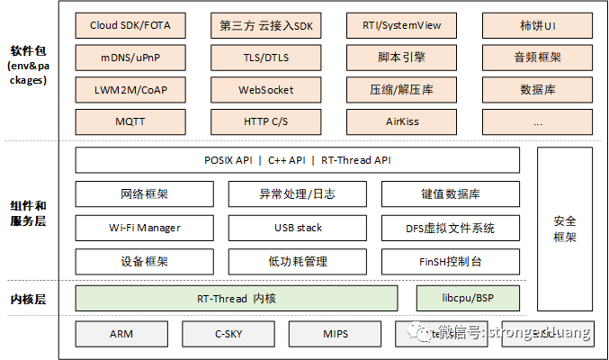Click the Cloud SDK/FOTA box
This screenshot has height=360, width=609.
tap(130, 25)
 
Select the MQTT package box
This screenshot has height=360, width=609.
tap(130, 121)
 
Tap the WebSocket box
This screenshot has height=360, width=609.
tap(265, 90)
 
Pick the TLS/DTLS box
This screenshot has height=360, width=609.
tap(265, 58)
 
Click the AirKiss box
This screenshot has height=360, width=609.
tap(401, 121)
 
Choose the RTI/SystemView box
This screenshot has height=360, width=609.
tap(401, 25)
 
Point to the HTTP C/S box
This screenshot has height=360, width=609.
tap(265, 121)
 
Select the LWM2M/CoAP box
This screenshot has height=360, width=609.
tap(130, 90)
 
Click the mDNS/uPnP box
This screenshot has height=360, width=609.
tap(130, 58)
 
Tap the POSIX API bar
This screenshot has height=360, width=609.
tap(297, 160)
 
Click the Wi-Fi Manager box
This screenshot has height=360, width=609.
tap(144, 228)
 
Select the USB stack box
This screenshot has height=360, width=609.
tap(297, 228)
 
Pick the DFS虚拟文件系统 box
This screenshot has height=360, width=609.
tap(451, 228)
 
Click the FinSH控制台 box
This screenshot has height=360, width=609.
tap(451, 262)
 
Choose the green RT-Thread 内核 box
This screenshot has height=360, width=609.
tap(237, 298)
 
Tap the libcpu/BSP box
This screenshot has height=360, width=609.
tap(468, 298)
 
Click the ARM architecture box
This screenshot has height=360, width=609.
tap(121, 334)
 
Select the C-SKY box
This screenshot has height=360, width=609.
tap(228, 334)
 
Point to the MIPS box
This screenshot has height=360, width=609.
tap(336, 334)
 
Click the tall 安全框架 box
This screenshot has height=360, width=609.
tap(565, 229)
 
